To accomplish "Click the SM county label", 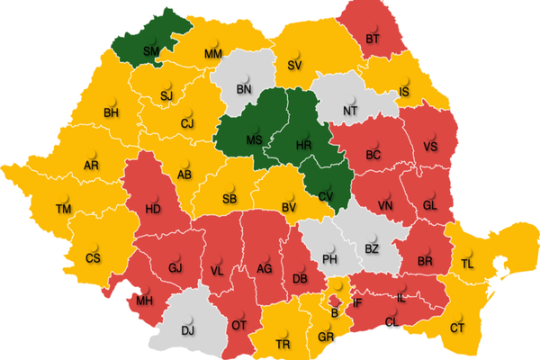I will (x=150, y=52).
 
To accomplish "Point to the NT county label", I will (x=350, y=111).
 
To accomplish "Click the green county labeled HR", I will (x=305, y=144).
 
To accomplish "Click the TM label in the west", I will (x=63, y=209).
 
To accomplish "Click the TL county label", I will (x=466, y=264).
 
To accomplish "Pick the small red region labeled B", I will (x=336, y=312).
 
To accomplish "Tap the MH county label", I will (x=145, y=300).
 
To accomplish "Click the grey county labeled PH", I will (x=329, y=259).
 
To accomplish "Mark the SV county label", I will (x=293, y=65).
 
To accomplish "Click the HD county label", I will (x=154, y=210).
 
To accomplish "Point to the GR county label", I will (x=326, y=338).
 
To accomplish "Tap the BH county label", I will (x=112, y=112).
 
